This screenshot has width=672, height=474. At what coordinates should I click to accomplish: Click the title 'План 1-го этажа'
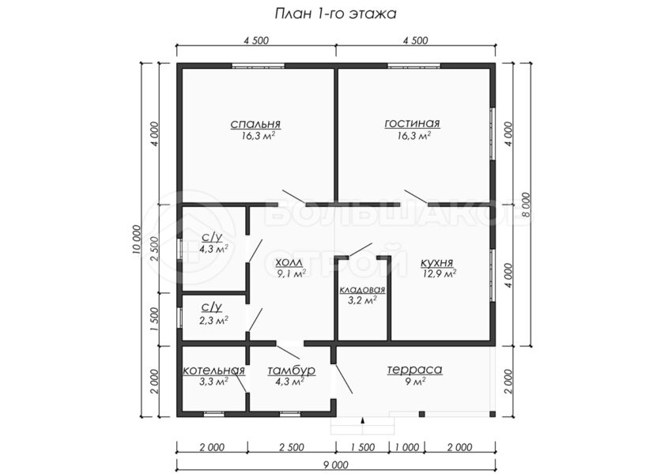(x=335, y=14)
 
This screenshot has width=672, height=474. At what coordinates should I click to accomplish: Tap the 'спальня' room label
(x=255, y=124)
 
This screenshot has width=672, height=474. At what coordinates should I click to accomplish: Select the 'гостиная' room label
(x=412, y=123)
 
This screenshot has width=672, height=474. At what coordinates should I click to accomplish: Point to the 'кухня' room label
(x=436, y=262)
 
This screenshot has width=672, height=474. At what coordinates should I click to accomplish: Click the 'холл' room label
(x=289, y=262)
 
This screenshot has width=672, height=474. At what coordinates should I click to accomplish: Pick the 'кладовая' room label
(x=363, y=290)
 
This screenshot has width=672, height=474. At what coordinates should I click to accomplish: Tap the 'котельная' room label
(x=214, y=371)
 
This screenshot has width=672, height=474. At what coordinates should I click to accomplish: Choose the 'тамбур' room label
(x=292, y=371)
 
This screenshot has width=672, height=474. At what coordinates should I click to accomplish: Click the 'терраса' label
(x=414, y=370)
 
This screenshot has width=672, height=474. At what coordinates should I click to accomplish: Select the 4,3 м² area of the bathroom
(x=213, y=249)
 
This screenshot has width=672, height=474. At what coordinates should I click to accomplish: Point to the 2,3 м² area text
(x=213, y=320)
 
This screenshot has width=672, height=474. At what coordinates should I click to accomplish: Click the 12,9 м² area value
(x=439, y=274)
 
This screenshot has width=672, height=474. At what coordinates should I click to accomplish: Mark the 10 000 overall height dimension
(x=137, y=239)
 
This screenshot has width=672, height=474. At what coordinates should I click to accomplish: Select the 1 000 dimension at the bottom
(x=406, y=448)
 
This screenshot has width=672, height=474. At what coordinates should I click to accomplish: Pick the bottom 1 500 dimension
(x=363, y=448)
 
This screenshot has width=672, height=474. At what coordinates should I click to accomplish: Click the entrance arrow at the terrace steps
(x=363, y=420)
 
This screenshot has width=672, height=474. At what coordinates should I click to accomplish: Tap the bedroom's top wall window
(x=259, y=66)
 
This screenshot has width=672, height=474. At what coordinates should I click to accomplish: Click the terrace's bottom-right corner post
(x=493, y=414)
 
